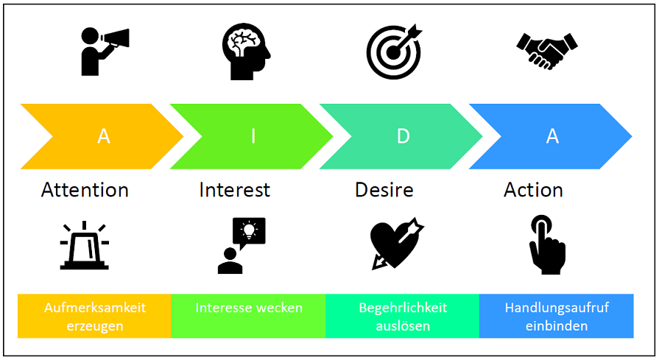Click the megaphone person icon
click(x=104, y=52)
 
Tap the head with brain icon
click(x=244, y=52)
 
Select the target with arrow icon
click(x=395, y=52)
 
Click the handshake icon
click(x=546, y=50)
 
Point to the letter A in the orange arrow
click(x=104, y=136)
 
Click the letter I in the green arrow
click(x=253, y=136)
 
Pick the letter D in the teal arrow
click(x=402, y=136)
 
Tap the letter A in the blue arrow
click(x=551, y=136)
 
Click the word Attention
click(x=85, y=190)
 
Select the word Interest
click(x=234, y=190)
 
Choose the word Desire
click(x=384, y=190)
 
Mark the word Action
click(x=533, y=190)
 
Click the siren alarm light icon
click(x=84, y=246)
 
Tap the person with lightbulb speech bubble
click(x=242, y=245)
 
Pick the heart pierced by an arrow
click(x=395, y=244)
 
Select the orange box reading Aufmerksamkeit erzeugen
click(x=94, y=317)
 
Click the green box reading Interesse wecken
click(x=248, y=317)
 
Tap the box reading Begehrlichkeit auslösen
click(x=402, y=317)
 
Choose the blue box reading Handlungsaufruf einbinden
click(x=557, y=317)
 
